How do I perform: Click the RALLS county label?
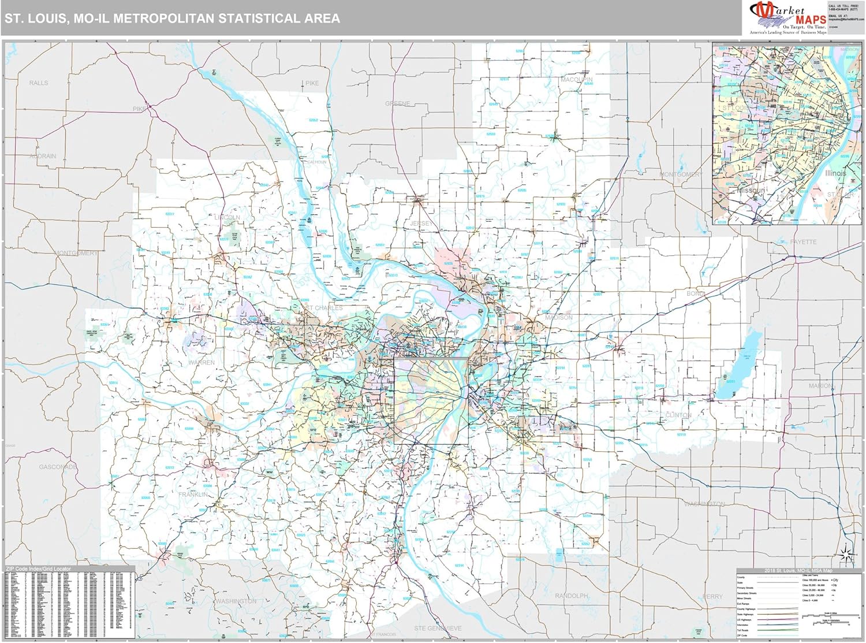(x=39, y=83)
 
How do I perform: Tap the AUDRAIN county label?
(x=43, y=157)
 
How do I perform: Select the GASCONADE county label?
(x=58, y=467)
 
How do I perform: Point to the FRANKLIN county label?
(x=193, y=495)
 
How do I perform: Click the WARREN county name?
(x=201, y=363)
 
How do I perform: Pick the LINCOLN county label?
(x=227, y=218)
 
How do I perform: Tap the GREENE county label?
(x=398, y=104)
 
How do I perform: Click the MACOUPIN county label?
(x=577, y=80)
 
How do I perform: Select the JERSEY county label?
(x=421, y=224)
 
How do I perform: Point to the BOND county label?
(x=696, y=294)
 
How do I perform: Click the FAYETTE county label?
(x=803, y=242)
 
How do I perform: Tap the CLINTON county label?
(x=678, y=415)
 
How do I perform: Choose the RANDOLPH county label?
(x=571, y=596)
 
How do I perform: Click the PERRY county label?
(x=713, y=596)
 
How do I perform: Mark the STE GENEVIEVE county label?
(x=438, y=628)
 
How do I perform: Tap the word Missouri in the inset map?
(x=751, y=190)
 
